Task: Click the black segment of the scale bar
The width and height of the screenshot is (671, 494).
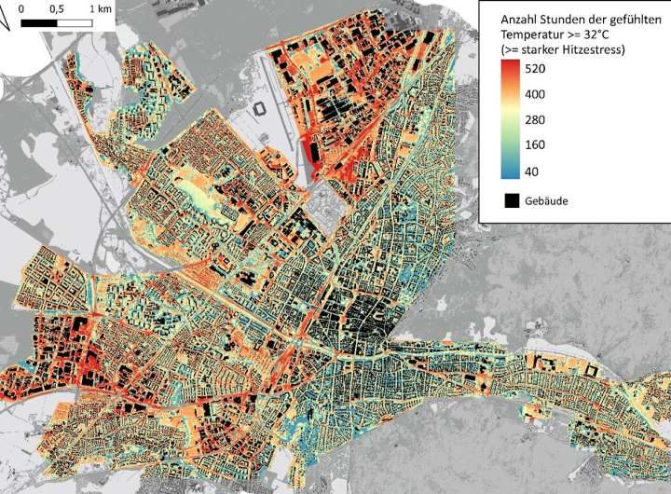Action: (x=38, y=21)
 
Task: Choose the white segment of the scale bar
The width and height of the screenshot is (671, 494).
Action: (x=75, y=21)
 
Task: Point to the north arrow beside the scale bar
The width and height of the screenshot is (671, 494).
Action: (x=5, y=23)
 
